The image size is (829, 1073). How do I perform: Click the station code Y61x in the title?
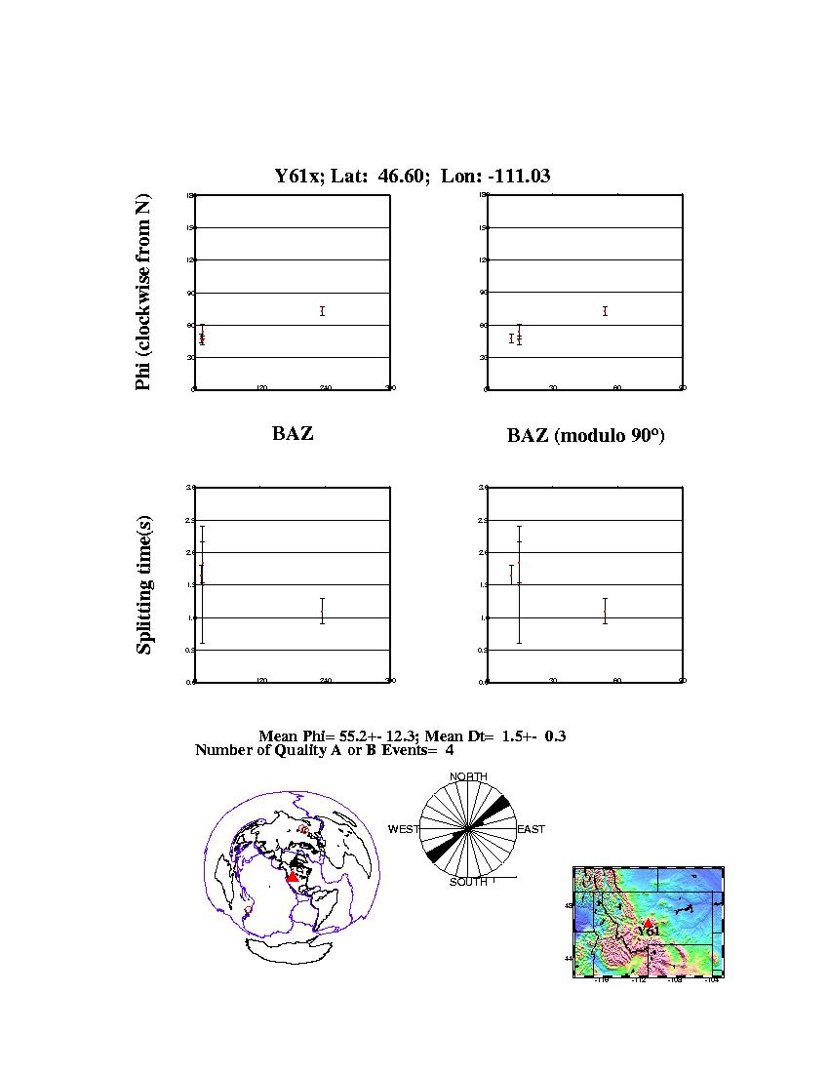pyautogui.click(x=296, y=176)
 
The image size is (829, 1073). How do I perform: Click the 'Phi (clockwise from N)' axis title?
pyautogui.click(x=143, y=293)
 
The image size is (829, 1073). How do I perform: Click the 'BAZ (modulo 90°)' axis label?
pyautogui.click(x=585, y=436)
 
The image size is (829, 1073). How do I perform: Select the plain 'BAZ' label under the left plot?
pyautogui.click(x=293, y=434)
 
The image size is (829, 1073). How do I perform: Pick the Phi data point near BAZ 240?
pyautogui.click(x=322, y=311)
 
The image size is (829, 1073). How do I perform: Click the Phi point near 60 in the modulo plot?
pyautogui.click(x=605, y=311)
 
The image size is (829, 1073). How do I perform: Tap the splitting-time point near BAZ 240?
pyautogui.click(x=322, y=611)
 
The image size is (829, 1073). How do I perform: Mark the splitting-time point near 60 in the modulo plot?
pyautogui.click(x=605, y=611)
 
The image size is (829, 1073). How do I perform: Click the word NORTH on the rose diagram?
pyautogui.click(x=468, y=776)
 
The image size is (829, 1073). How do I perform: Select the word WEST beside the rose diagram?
pyautogui.click(x=404, y=829)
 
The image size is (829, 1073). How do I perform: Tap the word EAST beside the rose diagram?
pyautogui.click(x=531, y=829)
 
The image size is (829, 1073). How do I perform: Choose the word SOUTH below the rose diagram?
pyautogui.click(x=468, y=882)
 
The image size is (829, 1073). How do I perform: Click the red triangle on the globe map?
pyautogui.click(x=293, y=877)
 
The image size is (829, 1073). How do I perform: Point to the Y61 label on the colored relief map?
pyautogui.click(x=649, y=932)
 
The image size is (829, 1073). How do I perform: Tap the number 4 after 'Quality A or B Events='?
pyautogui.click(x=449, y=750)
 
